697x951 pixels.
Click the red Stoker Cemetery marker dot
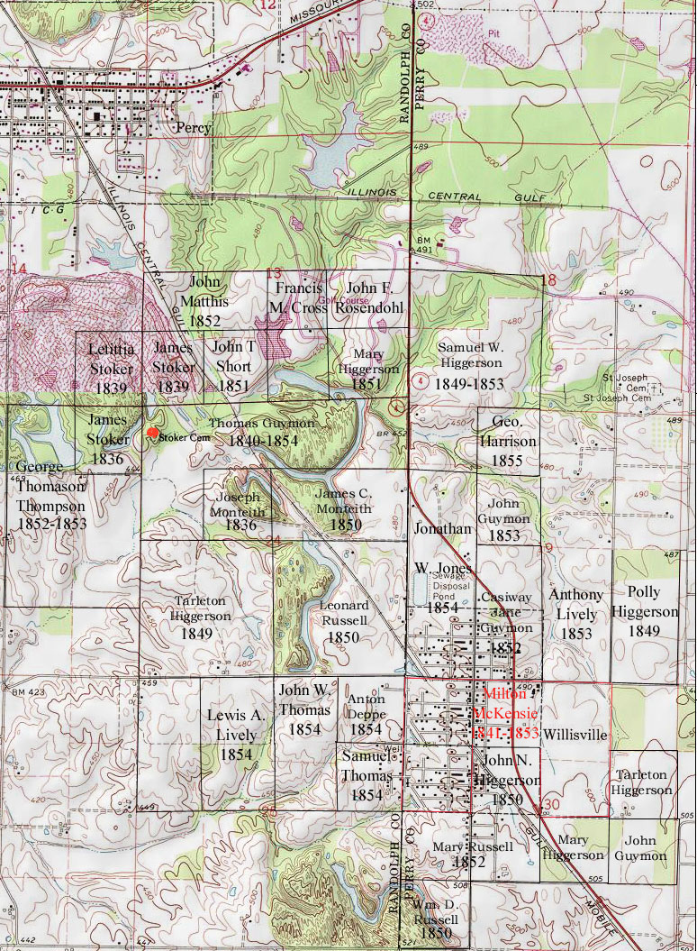click(x=152, y=434)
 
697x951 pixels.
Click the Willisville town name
click(x=575, y=734)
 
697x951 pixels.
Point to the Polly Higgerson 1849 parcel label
click(x=645, y=611)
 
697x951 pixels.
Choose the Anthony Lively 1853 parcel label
click(x=576, y=614)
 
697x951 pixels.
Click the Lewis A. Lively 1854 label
click(x=236, y=735)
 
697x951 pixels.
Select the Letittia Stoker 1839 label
click(x=112, y=367)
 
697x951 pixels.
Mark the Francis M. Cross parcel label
click(x=299, y=297)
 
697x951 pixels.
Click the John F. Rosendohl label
click(x=367, y=297)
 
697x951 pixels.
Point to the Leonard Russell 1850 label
click(x=344, y=621)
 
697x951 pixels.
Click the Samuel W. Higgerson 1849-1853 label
click(x=469, y=365)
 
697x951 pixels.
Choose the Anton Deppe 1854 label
click(x=366, y=713)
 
